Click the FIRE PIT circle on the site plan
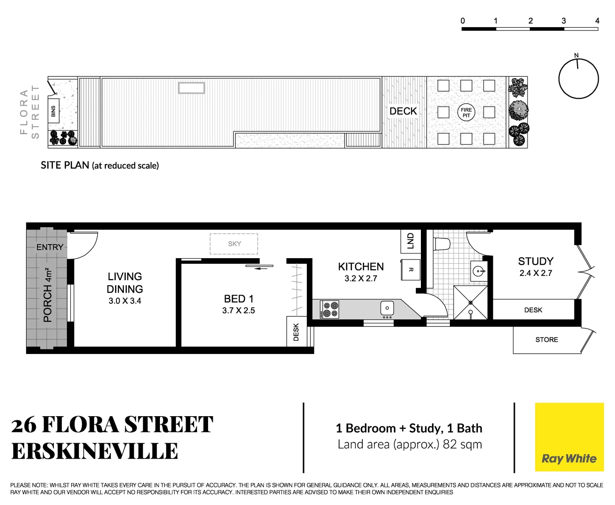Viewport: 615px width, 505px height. [466, 112]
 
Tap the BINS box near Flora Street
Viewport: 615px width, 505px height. [53, 111]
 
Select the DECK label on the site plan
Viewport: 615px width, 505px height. [403, 111]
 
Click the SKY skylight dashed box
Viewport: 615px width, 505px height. [234, 244]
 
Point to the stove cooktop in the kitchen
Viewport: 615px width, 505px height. [330, 309]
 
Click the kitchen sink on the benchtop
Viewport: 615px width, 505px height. [387, 308]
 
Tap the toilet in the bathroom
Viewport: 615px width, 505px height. [442, 244]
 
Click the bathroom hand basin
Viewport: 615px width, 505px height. [478, 271]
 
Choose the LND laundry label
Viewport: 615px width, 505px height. [410, 241]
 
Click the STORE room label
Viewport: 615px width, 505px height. [546, 340]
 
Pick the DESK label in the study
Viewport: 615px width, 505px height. [533, 310]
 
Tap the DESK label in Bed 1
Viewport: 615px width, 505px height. [296, 332]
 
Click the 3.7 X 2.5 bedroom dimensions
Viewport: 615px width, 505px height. [239, 310]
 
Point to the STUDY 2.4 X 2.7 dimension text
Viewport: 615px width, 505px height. [535, 273]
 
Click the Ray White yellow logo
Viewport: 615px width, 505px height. [569, 437]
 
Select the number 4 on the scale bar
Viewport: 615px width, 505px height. [597, 21]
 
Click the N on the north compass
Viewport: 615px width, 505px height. [576, 55]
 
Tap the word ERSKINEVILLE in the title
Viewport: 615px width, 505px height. [94, 452]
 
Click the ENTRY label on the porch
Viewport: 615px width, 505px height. [50, 247]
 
